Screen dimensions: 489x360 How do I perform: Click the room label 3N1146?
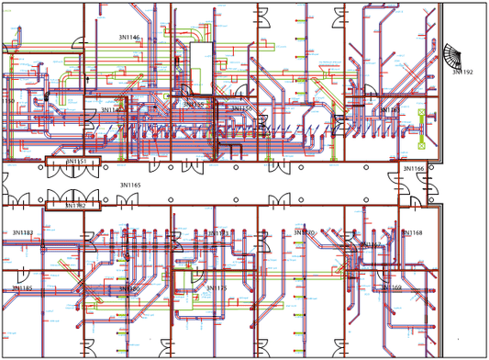click(129, 38)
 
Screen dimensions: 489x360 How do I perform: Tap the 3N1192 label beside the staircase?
click(462, 72)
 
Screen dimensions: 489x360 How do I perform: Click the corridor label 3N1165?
click(130, 186)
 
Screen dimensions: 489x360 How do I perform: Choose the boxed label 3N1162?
click(74, 206)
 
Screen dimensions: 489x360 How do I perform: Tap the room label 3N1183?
click(22, 233)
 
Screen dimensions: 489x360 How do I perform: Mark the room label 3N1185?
click(22, 288)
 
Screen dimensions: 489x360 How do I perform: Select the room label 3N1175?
click(217, 288)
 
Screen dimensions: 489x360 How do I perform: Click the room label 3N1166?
click(414, 169)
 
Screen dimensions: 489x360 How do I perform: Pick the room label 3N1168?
click(412, 233)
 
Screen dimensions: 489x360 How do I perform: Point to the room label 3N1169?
click(392, 287)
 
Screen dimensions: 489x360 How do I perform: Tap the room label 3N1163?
click(389, 110)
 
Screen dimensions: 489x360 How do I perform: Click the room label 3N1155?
click(194, 106)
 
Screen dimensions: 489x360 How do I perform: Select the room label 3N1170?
click(304, 233)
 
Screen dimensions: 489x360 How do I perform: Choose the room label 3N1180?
click(128, 289)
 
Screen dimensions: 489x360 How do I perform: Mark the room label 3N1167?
click(370, 245)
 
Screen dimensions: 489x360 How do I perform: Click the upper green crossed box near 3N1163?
click(422, 113)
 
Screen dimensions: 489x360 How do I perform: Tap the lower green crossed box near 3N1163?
click(422, 145)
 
